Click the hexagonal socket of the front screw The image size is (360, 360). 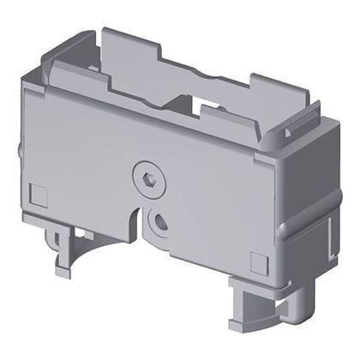[147, 180]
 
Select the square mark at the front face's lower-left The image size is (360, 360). [37, 193]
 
